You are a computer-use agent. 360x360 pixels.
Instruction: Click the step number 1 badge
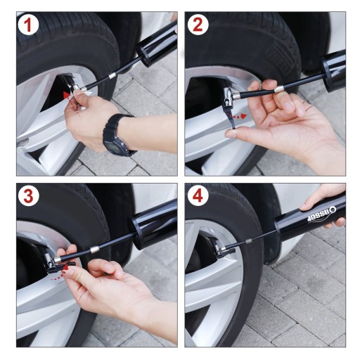28,25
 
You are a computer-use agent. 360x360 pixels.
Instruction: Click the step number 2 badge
198,25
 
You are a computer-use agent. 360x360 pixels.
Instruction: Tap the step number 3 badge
28,196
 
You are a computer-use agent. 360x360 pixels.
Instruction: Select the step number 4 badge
198,196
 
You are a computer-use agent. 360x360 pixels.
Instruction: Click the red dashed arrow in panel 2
238,116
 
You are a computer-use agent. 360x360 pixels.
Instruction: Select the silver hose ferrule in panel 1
112,76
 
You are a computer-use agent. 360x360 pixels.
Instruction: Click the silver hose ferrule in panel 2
280,89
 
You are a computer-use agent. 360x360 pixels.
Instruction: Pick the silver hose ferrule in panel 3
94,250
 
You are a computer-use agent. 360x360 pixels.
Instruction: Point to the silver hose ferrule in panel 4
249,241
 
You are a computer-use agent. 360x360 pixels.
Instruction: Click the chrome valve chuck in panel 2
229,97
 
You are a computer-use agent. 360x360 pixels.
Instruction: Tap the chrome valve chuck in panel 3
52,262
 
